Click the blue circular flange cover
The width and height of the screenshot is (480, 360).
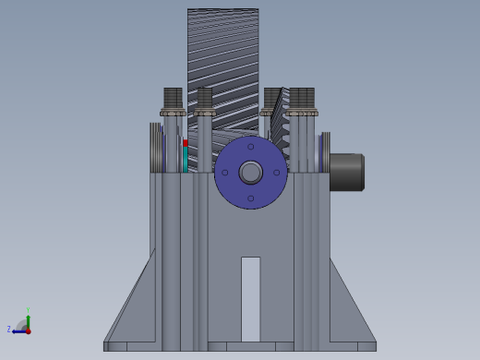point(234,188)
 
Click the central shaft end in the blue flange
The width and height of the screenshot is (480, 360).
point(251,173)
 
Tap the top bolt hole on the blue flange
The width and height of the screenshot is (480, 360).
point(251,146)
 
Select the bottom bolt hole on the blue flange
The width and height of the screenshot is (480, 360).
point(251,198)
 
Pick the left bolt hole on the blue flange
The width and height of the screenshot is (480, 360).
point(224,173)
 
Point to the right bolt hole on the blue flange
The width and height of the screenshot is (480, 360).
point(277,173)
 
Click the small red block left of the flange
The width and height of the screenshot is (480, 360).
point(186,143)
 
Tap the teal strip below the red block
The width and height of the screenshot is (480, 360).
point(186,160)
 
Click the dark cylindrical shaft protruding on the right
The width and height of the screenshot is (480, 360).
point(346,172)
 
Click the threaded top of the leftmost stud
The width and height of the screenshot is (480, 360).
point(173,98)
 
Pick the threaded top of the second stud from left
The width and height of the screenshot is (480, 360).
point(204,98)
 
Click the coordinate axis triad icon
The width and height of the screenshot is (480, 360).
point(24,324)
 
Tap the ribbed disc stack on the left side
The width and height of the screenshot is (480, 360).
point(156,148)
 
